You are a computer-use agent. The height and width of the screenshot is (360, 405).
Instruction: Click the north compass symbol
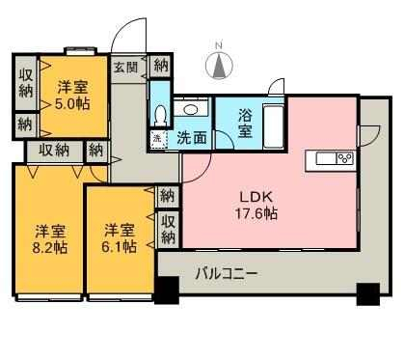coord(219,66)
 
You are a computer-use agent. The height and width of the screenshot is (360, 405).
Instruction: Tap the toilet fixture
coord(160,116)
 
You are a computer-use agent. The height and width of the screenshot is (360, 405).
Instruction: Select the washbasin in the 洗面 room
coord(191,109)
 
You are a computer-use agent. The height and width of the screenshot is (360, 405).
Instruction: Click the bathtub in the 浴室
coord(273,126)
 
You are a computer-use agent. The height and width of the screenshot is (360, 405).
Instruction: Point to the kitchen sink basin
coord(326,158)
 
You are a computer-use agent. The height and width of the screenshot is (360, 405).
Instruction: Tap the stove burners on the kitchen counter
coord(345,158)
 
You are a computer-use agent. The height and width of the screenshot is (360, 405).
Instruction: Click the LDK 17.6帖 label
coord(256,205)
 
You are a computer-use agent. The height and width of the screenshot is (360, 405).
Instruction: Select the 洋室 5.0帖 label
coord(72,96)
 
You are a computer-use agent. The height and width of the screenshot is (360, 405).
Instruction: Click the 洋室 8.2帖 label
coord(50,239)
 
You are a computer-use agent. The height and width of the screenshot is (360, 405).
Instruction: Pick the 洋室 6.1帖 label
coord(120,238)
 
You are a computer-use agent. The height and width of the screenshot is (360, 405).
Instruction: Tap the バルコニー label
coord(227,274)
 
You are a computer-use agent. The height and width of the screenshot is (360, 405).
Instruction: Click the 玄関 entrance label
coord(126,68)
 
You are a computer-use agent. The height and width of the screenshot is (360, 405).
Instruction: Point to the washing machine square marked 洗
coord(158,139)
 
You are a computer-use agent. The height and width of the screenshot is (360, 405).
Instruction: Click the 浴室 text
coord(245,124)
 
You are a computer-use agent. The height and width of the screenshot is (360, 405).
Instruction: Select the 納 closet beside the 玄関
coord(161,66)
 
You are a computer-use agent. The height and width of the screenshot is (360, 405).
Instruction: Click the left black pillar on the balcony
coord(167,291)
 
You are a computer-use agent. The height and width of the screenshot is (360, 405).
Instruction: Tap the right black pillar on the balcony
coord(368,294)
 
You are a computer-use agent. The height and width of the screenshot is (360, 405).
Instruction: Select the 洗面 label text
coord(192,138)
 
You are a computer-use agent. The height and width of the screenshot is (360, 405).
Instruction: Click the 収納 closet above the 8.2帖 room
coord(54,151)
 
